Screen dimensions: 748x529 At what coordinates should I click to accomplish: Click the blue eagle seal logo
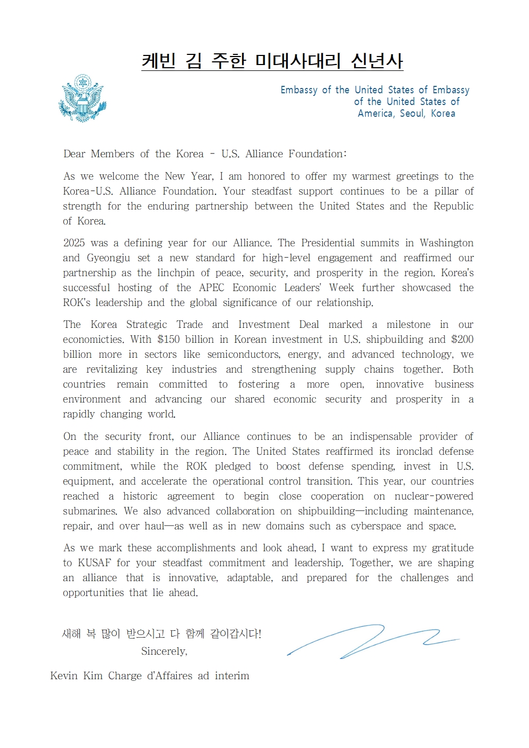82,99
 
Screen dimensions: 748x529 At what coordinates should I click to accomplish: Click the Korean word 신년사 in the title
376,61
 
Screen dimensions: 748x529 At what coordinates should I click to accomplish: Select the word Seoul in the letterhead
412,113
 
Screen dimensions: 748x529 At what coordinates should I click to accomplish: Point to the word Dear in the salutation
74,154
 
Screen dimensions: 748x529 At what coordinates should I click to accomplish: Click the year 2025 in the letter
74,243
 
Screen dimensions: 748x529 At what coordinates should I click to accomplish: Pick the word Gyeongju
109,258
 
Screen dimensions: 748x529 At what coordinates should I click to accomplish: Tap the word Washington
446,243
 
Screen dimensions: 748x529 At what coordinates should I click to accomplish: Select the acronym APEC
212,287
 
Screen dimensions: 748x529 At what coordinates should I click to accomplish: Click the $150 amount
169,339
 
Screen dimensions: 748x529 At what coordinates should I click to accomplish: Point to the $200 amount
462,339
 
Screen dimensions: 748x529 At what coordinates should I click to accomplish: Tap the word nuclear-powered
434,496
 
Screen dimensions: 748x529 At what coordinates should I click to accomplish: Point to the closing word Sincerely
164,651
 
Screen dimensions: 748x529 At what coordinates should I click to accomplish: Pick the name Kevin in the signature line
63,675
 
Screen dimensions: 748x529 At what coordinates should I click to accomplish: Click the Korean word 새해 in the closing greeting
71,633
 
